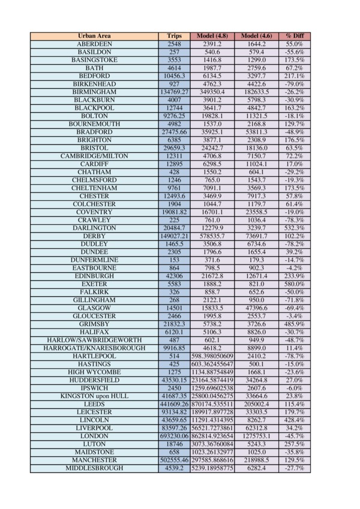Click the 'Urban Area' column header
coord(94,36)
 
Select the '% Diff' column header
coord(294,36)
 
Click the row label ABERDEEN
coord(94,44)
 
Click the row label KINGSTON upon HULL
coord(94,396)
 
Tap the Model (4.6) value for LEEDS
coord(256,405)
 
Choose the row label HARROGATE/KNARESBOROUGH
coord(94,348)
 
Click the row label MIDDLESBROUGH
coord(94,468)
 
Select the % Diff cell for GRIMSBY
coord(294,324)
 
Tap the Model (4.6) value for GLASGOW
coord(256,308)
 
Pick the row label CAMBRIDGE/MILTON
coord(94,156)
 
